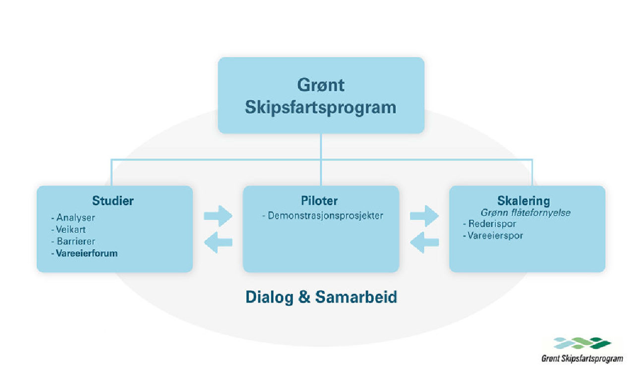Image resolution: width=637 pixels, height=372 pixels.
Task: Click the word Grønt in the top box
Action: (321, 85)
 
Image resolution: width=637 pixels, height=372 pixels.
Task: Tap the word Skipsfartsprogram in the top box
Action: (321, 108)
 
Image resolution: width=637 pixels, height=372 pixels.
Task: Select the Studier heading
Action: (113, 201)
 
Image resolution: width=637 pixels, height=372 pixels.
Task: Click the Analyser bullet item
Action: (73, 217)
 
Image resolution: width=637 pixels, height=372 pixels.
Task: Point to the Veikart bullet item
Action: (68, 230)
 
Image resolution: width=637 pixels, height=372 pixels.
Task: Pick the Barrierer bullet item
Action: (73, 242)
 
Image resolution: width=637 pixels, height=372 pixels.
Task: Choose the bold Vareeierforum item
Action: (84, 253)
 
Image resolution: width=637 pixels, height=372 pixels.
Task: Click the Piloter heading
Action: (319, 201)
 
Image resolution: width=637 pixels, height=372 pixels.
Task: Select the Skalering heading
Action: (523, 201)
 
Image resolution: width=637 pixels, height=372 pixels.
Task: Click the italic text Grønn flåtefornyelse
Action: (525, 213)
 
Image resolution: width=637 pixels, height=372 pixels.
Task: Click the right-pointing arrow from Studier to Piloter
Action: (218, 216)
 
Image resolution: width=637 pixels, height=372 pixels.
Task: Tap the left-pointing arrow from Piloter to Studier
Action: (218, 243)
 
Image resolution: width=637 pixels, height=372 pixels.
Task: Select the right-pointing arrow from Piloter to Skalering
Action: (424, 216)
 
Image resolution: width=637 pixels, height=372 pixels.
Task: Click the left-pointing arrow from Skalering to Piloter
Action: (424, 243)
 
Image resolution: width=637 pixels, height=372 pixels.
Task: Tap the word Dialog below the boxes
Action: (270, 297)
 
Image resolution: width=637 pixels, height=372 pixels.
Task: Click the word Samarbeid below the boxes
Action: (356, 297)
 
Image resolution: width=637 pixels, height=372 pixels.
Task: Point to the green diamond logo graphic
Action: (582, 343)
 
